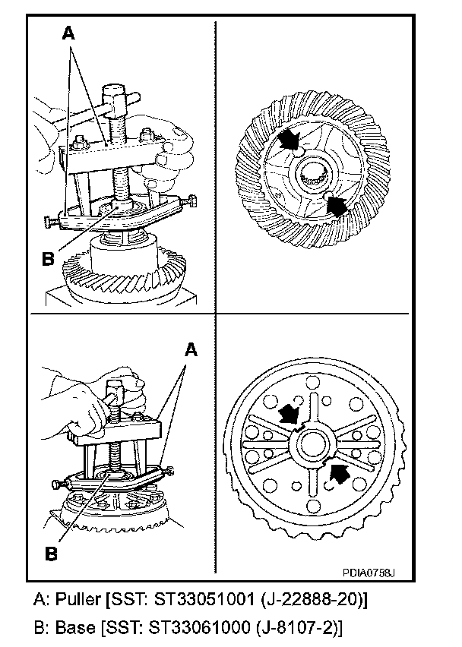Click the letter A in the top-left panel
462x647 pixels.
69,33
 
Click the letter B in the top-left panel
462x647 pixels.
48,257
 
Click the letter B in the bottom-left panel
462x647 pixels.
52,554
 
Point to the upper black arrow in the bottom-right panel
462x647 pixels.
289,414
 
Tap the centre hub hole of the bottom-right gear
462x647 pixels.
313,444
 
